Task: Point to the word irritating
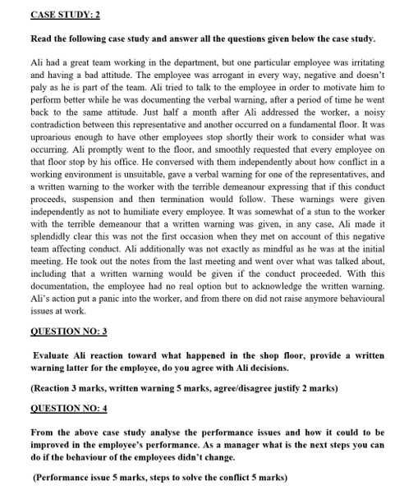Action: pyautogui.click(x=361, y=62)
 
